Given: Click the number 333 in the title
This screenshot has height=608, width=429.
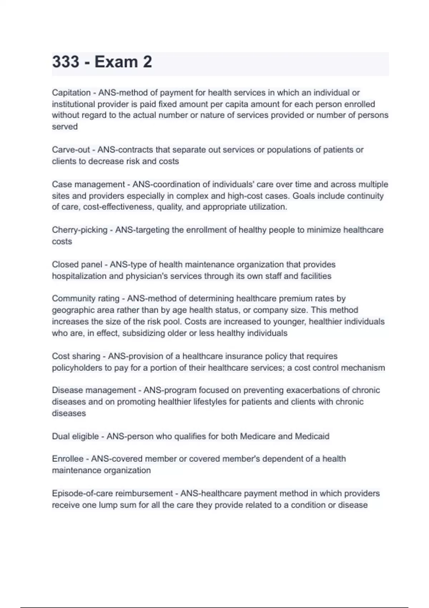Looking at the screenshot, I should point(66,62).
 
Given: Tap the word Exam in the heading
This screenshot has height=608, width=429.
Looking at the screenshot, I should point(116,62).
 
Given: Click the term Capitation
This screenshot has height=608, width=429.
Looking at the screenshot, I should point(71,93).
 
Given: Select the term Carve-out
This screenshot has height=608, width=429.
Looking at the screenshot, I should point(71,150).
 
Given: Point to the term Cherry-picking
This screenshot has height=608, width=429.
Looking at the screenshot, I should point(79,230).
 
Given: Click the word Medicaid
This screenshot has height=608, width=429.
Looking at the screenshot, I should point(312,436).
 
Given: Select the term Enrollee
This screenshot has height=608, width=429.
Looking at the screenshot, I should point(68,459).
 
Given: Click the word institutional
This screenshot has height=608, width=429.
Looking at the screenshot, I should point(73,104).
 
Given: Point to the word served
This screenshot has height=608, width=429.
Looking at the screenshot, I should point(65,127).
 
